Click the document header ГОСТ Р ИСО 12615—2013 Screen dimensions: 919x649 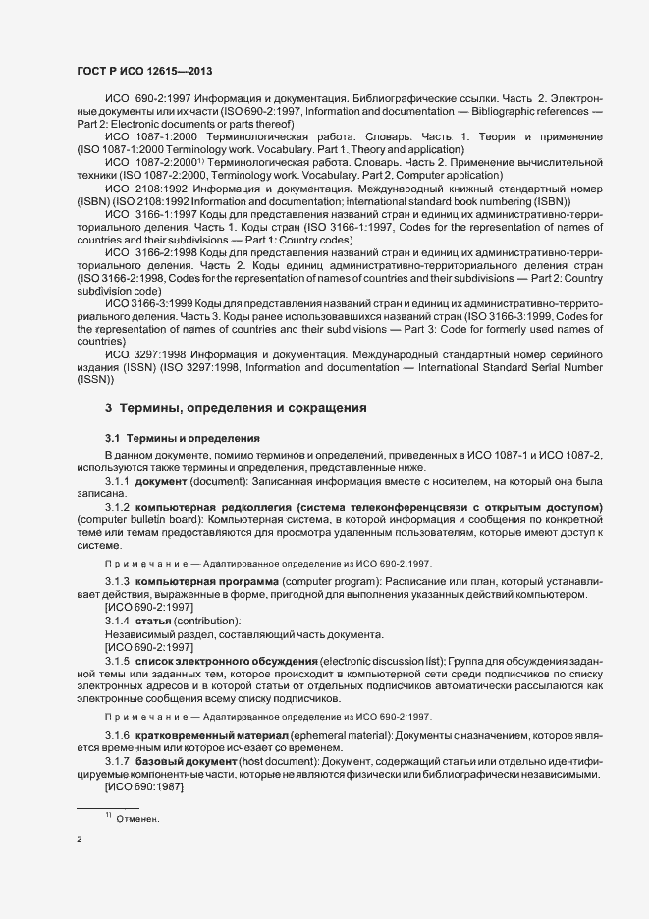pyautogui.click(x=144, y=71)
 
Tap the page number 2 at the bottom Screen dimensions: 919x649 pyautogui.click(x=79, y=839)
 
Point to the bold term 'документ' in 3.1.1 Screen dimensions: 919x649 pyautogui.click(x=163, y=482)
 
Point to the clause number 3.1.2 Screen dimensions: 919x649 pyautogui.click(x=117, y=506)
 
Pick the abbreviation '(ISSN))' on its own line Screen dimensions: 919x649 pyautogui.click(x=96, y=380)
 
